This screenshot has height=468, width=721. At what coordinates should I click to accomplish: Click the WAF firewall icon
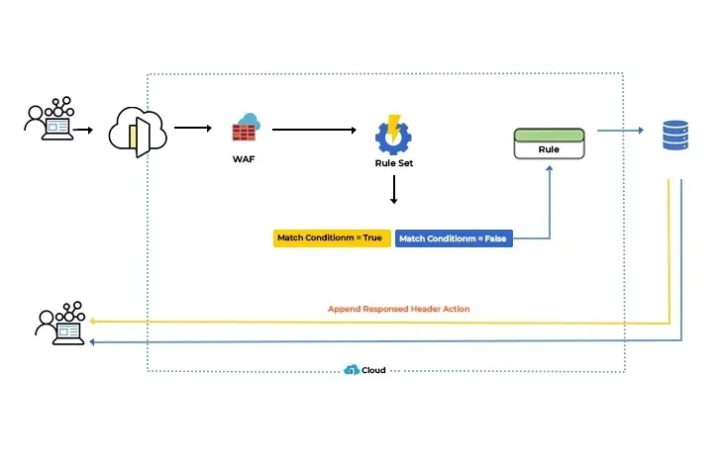tap(245, 130)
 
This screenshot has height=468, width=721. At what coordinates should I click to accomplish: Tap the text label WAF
tap(244, 158)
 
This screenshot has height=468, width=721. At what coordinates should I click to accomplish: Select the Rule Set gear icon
tap(393, 134)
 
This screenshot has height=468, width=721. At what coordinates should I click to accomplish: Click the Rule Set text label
tap(393, 163)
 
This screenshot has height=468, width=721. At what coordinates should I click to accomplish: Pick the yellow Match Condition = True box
tap(331, 238)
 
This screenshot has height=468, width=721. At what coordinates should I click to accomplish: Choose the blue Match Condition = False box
tap(454, 238)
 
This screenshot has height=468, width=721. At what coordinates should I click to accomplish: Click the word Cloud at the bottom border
tap(373, 370)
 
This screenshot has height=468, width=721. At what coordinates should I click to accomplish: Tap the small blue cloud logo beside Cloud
tap(351, 370)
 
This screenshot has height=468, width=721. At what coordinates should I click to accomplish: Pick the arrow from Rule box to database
tap(618, 130)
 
